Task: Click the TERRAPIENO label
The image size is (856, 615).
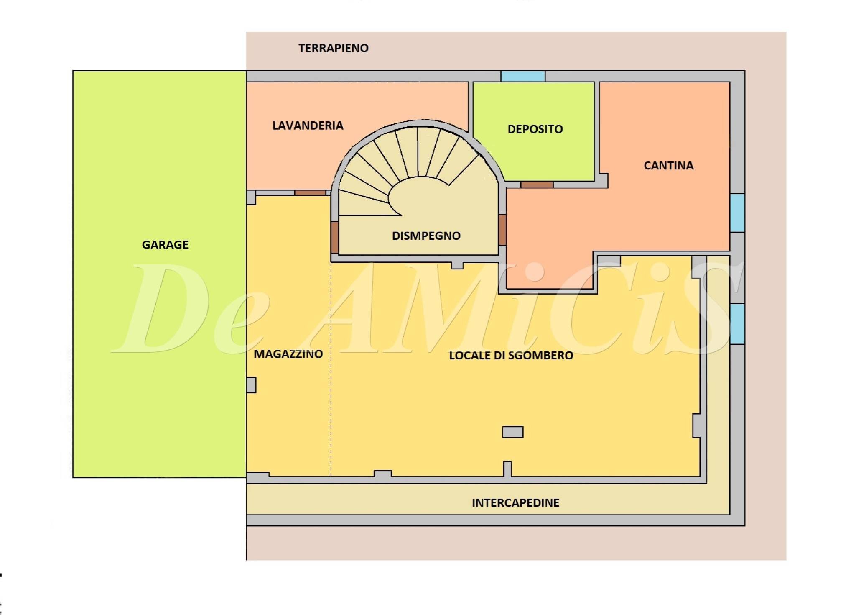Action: pyautogui.click(x=333, y=48)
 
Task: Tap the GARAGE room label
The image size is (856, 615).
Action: pyautogui.click(x=165, y=245)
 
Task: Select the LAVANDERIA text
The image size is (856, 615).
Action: pyautogui.click(x=308, y=126)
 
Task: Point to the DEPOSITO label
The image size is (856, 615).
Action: pyautogui.click(x=535, y=129)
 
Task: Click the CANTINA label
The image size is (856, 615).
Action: pyautogui.click(x=668, y=166)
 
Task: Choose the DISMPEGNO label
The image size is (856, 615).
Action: pyautogui.click(x=426, y=236)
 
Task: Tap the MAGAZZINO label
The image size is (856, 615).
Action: pyautogui.click(x=288, y=354)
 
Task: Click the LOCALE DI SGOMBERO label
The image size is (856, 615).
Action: pyautogui.click(x=511, y=356)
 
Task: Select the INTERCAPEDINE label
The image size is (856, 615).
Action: pyautogui.click(x=515, y=503)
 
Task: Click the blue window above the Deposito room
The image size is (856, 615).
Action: pyautogui.click(x=523, y=76)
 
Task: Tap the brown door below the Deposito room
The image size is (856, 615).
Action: pyautogui.click(x=537, y=184)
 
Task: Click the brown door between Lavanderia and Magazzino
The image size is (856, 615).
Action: pyautogui.click(x=310, y=193)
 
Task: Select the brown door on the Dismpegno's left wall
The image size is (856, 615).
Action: pyautogui.click(x=334, y=237)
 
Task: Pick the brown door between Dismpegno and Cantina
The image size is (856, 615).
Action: pyautogui.click(x=502, y=230)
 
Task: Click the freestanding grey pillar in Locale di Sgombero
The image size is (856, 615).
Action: pyautogui.click(x=512, y=432)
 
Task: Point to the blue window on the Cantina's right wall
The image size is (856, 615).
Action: pyautogui.click(x=737, y=213)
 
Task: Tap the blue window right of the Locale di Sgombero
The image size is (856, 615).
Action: pyautogui.click(x=737, y=324)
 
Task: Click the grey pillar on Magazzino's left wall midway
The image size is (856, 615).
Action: pyautogui.click(x=251, y=385)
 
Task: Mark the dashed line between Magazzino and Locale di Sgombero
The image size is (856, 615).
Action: pyautogui.click(x=331, y=368)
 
